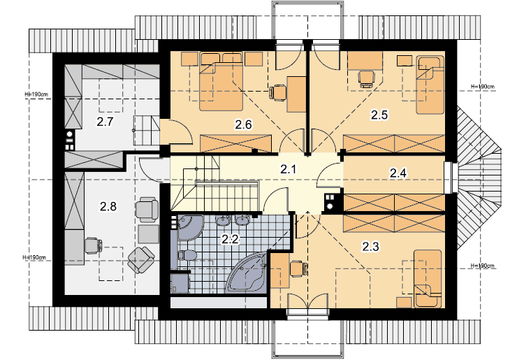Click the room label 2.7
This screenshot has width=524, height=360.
105,122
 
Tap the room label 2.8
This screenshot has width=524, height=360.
108,207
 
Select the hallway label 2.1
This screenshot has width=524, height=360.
288,169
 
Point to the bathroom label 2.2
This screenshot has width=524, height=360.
231,239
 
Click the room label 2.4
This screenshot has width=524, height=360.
398,173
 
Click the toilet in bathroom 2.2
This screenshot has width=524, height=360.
187,255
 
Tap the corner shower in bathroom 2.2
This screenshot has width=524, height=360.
190,228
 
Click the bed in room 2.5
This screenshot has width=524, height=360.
430,85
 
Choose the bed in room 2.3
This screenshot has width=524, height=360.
428,279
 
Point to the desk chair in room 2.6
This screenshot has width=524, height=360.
278,92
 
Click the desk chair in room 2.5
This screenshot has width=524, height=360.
366,79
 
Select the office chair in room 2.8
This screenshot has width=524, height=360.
93,245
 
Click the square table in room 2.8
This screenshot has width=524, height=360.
148,234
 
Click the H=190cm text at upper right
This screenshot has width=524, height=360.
483,87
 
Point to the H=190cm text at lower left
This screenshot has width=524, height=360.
34,257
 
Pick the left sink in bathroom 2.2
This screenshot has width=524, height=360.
222,220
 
